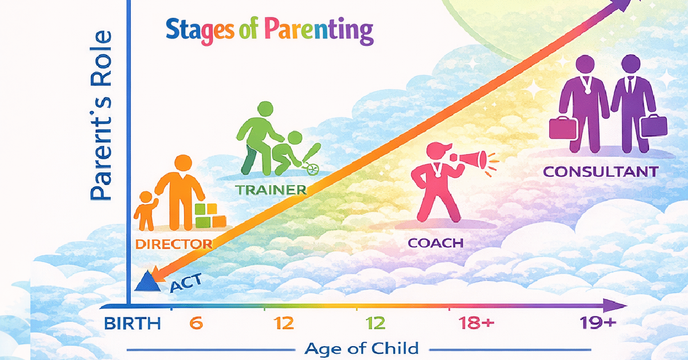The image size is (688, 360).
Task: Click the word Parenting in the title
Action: click(319, 30)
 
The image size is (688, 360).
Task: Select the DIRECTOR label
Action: click(174, 244)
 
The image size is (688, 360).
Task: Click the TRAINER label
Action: click(271, 190)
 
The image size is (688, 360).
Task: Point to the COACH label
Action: click(436, 243)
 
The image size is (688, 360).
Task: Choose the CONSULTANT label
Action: click(601, 172)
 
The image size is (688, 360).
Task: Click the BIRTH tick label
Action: click(132, 323)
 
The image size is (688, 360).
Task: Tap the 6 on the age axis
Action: click(196, 323)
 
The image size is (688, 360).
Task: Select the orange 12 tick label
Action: click(283, 323)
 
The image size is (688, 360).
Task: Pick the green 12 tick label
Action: click(376, 323)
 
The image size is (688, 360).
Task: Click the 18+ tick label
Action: click(476, 323)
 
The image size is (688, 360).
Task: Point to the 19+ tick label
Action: click(597, 323)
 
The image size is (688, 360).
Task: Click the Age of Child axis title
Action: click(362, 349)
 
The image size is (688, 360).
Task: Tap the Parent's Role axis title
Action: click(101, 115)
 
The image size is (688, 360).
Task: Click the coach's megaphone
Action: click(470, 160)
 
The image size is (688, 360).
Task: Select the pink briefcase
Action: click(562, 128)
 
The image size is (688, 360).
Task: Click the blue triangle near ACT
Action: click(147, 281)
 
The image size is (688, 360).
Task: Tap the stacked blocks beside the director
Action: click(210, 216)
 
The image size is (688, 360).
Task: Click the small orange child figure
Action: click(146, 211)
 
